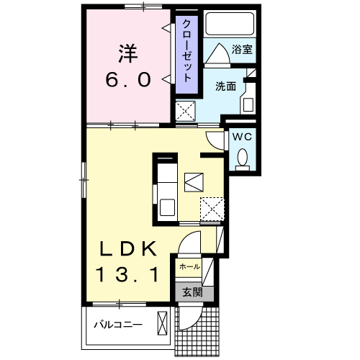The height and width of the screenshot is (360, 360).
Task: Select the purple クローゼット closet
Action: click(186, 54)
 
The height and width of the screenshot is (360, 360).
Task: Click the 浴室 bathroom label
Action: click(241, 50)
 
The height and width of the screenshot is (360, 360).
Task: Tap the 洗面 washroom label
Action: click(225, 86)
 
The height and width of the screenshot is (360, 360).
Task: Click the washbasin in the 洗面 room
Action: click(248, 102)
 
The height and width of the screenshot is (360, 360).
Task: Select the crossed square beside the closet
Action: click(186, 112)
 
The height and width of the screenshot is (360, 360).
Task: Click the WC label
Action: click(241, 136)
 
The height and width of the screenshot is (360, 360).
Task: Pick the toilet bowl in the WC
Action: click(243, 158)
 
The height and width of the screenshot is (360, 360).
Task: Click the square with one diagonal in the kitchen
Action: click(194, 182)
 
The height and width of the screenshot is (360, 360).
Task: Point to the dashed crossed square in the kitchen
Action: click(212, 210)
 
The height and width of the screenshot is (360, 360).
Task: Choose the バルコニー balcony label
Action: click(117, 323)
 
